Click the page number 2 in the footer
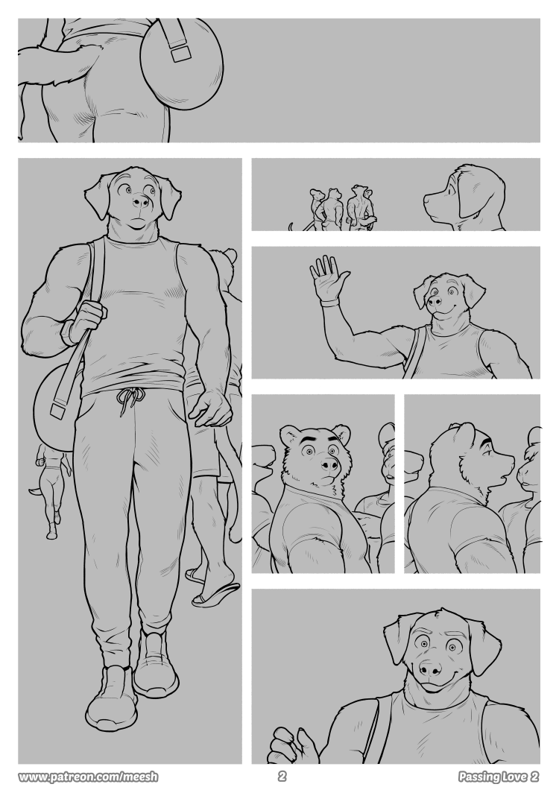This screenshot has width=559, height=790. tap(282, 777)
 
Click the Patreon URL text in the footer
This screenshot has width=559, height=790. tap(88, 777)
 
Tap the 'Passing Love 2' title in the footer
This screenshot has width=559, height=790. tap(499, 777)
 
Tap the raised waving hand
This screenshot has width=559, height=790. tap(329, 279)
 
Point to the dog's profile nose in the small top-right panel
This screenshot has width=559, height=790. tap(426, 199)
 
